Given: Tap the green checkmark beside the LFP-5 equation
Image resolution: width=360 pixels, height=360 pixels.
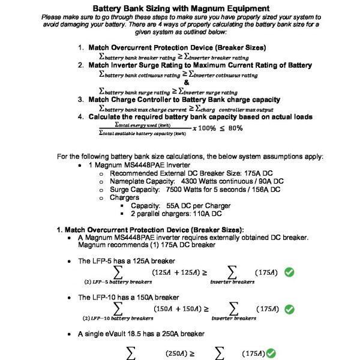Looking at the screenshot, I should tap(289, 272).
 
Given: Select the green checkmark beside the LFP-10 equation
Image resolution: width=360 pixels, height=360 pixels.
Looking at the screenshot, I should tap(289, 309).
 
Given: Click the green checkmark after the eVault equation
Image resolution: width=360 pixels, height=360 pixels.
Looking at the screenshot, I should tap(271, 353).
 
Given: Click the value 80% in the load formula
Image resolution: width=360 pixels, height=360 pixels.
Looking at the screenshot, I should tap(235, 128).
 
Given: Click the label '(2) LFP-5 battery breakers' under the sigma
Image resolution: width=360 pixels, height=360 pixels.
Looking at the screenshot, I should tap(118, 281).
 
